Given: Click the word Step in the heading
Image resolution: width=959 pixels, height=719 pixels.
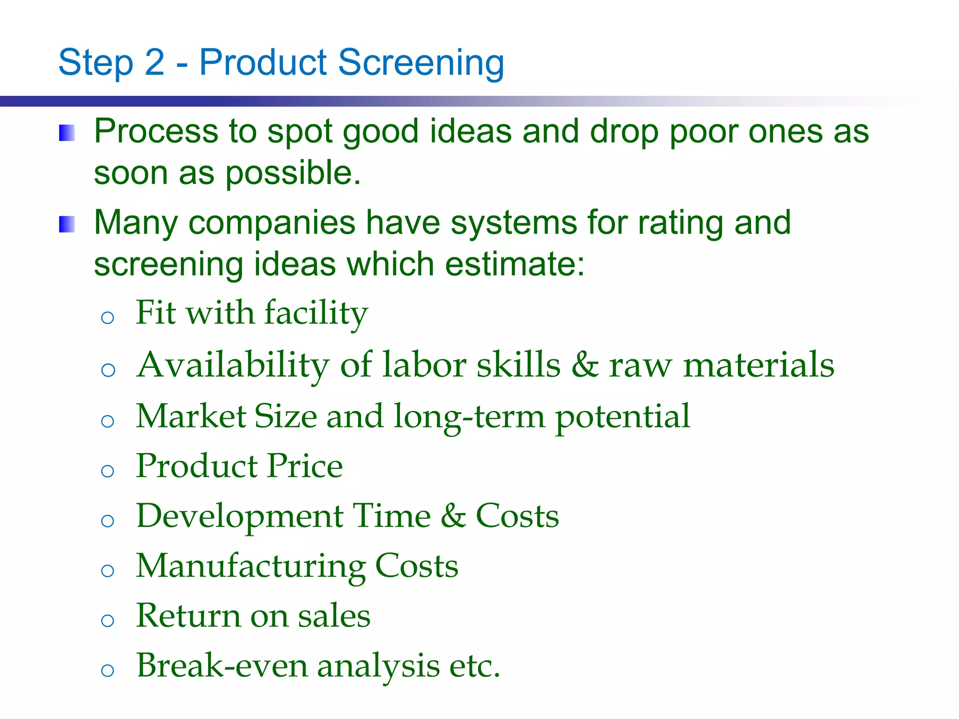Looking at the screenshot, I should [96, 63].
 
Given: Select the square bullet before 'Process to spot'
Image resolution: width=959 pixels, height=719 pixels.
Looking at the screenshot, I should [66, 133].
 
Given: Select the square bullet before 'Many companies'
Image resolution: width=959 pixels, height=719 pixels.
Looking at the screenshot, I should [66, 224].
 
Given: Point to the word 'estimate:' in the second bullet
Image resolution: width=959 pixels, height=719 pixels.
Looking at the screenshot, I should [515, 264].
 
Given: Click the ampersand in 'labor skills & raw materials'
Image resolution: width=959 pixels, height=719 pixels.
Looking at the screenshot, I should [585, 365].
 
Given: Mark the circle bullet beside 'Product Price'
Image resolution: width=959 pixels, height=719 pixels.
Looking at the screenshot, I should [108, 471].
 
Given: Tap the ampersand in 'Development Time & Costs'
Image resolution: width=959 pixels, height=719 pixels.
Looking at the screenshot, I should [453, 516].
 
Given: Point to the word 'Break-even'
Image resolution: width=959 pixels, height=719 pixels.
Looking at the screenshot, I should [222, 666].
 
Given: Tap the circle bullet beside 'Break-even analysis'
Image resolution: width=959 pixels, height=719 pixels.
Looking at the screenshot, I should [108, 670].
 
